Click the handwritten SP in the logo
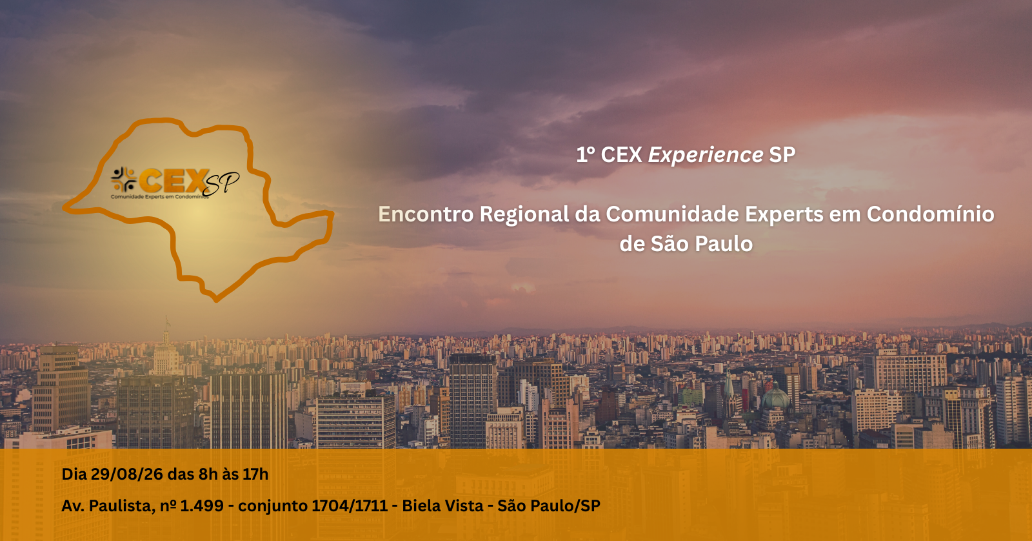pyautogui.click(x=221, y=183)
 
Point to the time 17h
pyautogui.click(x=255, y=474)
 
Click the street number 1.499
pyautogui.click(x=202, y=506)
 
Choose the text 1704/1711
pyautogui.click(x=350, y=506)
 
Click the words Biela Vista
pyautogui.click(x=442, y=506)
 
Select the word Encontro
pyautogui.click(x=426, y=214)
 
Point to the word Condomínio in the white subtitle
pyautogui.click(x=930, y=214)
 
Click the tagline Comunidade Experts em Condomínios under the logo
pyautogui.click(x=160, y=197)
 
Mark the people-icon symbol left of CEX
pyautogui.click(x=123, y=179)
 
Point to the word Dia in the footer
pyautogui.click(x=74, y=474)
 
